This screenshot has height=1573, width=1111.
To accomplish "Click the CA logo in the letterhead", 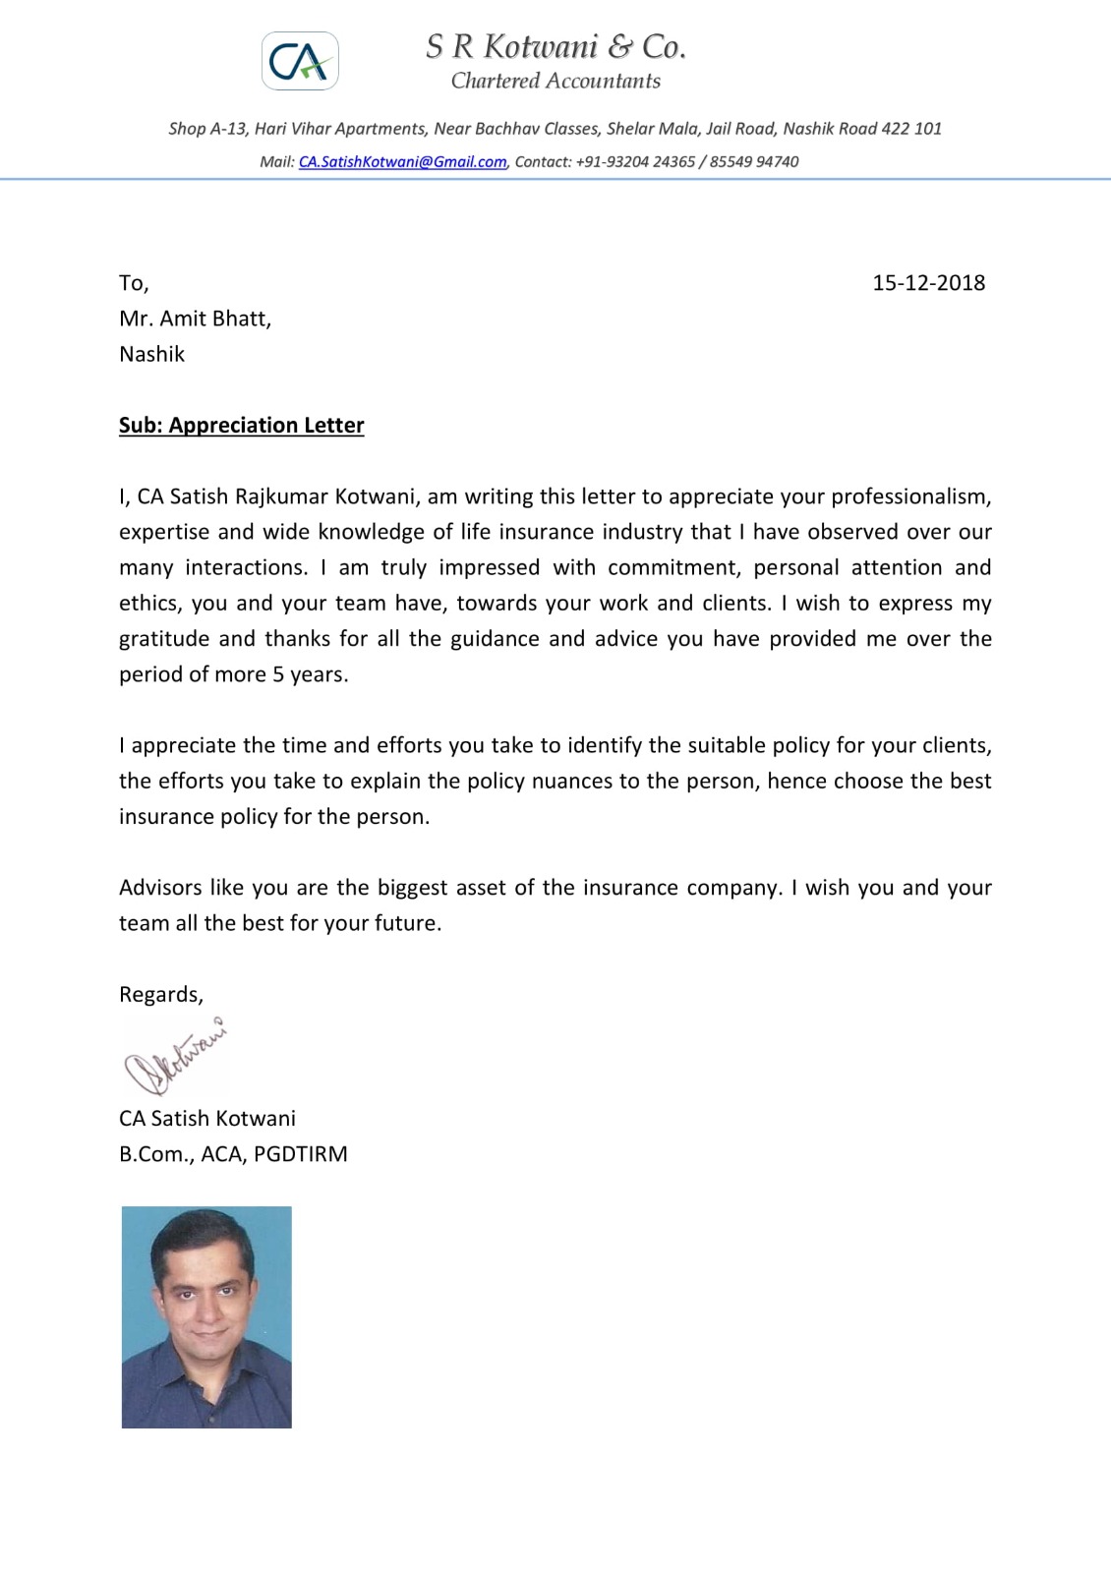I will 300,62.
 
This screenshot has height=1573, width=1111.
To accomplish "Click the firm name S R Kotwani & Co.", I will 555,46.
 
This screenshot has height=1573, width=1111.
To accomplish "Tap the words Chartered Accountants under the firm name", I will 555,82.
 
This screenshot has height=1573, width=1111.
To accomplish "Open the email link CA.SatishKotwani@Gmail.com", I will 402,162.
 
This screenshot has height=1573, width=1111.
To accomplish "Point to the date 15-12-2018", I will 928,283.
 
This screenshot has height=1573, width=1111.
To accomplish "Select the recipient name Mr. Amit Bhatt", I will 195,319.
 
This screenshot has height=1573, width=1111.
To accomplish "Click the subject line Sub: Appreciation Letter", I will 241,426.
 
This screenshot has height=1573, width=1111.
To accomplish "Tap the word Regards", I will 160,995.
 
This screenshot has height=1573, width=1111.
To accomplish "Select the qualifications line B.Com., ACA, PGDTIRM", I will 233,1154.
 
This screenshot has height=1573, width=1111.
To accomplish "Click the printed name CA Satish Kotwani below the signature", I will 207,1119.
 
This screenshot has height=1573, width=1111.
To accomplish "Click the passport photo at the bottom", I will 206,1316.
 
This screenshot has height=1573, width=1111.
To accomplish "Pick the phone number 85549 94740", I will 754,162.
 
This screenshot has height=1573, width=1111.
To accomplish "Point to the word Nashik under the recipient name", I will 151,354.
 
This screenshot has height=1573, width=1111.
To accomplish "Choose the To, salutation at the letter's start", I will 134,283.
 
